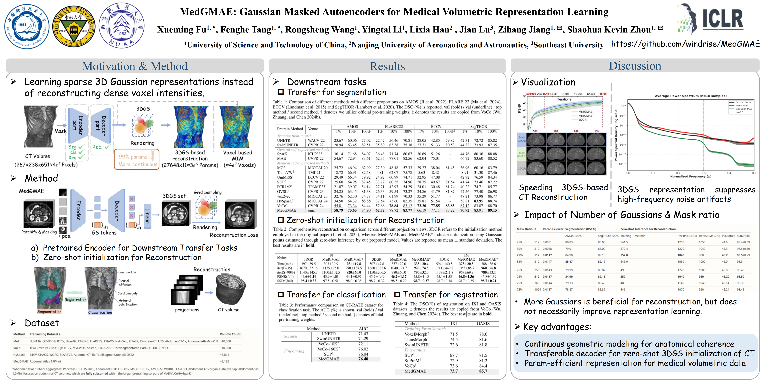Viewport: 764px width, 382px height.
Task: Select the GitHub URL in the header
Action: [x=685, y=44]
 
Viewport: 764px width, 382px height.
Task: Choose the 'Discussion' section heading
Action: [x=635, y=66]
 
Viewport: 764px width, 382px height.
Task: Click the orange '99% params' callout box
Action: [x=137, y=159]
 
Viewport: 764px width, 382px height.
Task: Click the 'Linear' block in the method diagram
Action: [x=147, y=216]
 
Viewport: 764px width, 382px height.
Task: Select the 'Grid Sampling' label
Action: [x=208, y=192]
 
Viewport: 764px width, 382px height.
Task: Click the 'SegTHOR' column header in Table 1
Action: [x=478, y=127]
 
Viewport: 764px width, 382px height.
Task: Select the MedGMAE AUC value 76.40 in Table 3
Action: [x=363, y=359]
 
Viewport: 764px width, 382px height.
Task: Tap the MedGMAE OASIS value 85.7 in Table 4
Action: [x=483, y=371]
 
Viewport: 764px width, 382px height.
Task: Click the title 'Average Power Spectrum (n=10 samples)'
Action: [x=690, y=96]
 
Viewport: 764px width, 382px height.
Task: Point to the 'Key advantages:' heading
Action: [x=557, y=327]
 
